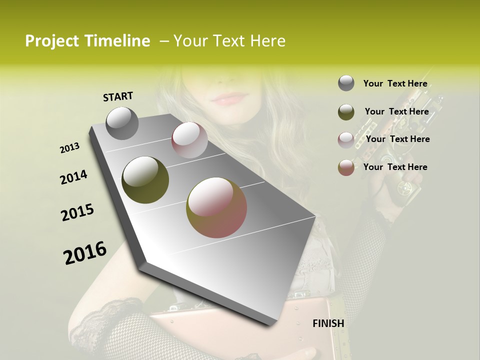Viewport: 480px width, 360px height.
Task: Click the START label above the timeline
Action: click(118, 96)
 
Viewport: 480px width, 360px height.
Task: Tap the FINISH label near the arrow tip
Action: click(328, 323)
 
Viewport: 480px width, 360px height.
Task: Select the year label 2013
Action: click(70, 148)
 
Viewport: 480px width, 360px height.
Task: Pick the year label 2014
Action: click(73, 177)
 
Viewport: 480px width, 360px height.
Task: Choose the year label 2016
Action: click(85, 253)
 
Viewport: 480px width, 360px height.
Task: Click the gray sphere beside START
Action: click(122, 123)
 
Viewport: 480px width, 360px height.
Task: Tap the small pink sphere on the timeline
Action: click(189, 140)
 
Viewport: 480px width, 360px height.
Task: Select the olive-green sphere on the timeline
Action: click(145, 180)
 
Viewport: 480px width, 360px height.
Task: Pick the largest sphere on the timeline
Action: click(216, 207)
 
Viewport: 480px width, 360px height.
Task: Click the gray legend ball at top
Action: click(346, 83)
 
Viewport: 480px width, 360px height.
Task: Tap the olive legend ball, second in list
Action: click(346, 111)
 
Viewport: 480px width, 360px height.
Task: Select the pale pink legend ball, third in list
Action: click(346, 139)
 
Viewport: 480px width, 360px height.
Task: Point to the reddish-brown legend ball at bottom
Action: click(346, 167)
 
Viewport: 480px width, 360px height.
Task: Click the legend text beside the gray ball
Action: click(395, 83)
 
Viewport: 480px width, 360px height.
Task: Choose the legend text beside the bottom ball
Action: click(395, 167)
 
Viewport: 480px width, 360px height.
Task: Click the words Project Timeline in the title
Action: click(87, 41)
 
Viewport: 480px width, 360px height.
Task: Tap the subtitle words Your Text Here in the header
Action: click(229, 41)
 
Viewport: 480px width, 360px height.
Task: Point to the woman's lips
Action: click(229, 98)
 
